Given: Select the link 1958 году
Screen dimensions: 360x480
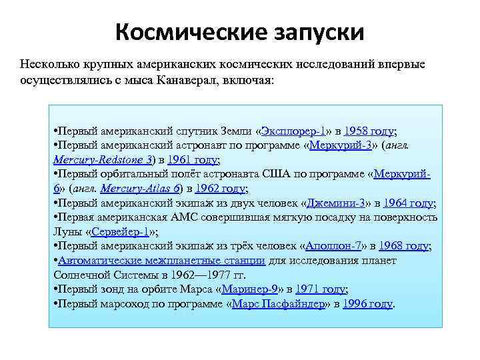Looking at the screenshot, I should click(369, 131).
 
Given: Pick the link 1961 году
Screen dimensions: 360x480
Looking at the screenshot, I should click(193, 160).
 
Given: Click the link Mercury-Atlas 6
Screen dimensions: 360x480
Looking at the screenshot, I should click(142, 189).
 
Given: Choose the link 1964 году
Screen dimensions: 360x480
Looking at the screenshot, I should click(409, 203).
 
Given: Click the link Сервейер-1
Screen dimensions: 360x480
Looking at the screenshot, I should click(119, 232).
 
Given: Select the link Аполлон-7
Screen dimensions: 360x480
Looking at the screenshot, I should click(331, 246).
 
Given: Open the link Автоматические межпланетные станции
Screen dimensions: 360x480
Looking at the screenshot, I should click(161, 261).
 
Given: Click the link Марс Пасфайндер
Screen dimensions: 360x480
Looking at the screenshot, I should click(279, 303).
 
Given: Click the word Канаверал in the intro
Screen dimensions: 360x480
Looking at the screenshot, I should click(188, 79).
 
